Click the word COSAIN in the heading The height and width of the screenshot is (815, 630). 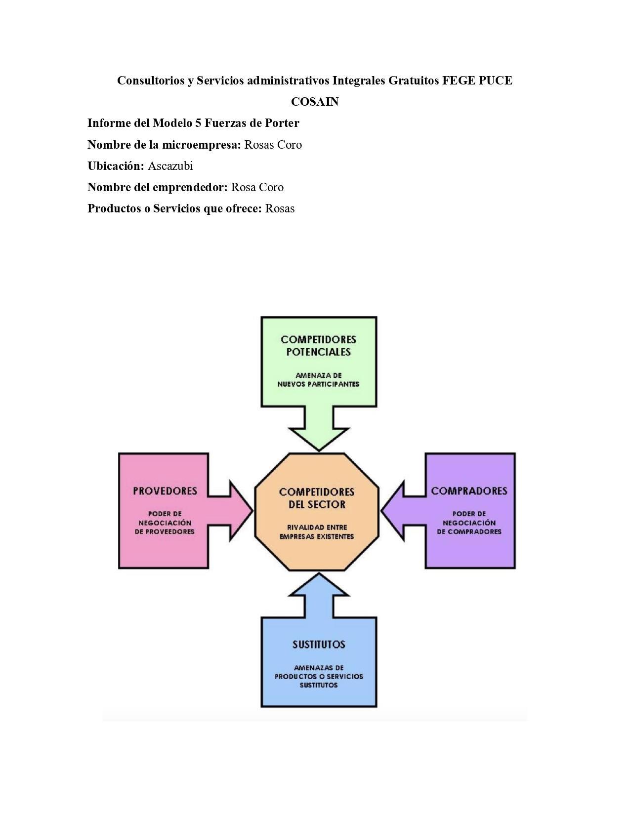315,102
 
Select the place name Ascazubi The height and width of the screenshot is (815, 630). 170,166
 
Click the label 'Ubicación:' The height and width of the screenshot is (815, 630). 116,166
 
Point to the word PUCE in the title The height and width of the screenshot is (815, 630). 496,81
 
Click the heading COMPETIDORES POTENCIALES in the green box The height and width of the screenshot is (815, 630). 318,346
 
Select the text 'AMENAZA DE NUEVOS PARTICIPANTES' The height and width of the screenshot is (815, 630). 318,380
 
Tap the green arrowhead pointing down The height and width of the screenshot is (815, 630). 319,437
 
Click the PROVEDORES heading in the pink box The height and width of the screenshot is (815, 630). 165,491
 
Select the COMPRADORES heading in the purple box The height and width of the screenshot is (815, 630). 469,491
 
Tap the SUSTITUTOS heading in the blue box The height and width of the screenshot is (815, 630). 319,645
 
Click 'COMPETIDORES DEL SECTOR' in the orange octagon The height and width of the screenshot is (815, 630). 317,498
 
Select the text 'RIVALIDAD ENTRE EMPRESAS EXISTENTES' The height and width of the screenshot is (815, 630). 317,532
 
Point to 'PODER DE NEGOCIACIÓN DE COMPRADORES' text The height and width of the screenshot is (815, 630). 469,523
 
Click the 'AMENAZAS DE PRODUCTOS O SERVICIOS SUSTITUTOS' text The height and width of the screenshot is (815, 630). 319,676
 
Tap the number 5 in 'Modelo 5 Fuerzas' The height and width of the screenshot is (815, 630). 198,123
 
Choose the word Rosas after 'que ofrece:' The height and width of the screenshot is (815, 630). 280,208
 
